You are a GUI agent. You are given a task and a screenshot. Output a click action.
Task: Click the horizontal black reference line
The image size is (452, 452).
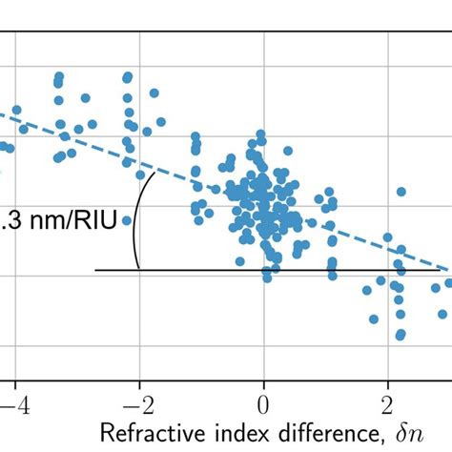pos(286,271)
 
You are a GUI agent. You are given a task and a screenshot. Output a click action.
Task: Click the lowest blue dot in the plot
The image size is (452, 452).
pos(401,335)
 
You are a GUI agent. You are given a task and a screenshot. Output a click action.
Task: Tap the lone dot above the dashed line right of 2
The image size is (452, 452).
pos(401,192)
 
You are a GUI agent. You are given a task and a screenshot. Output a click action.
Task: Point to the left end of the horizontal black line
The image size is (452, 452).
pos(94,271)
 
